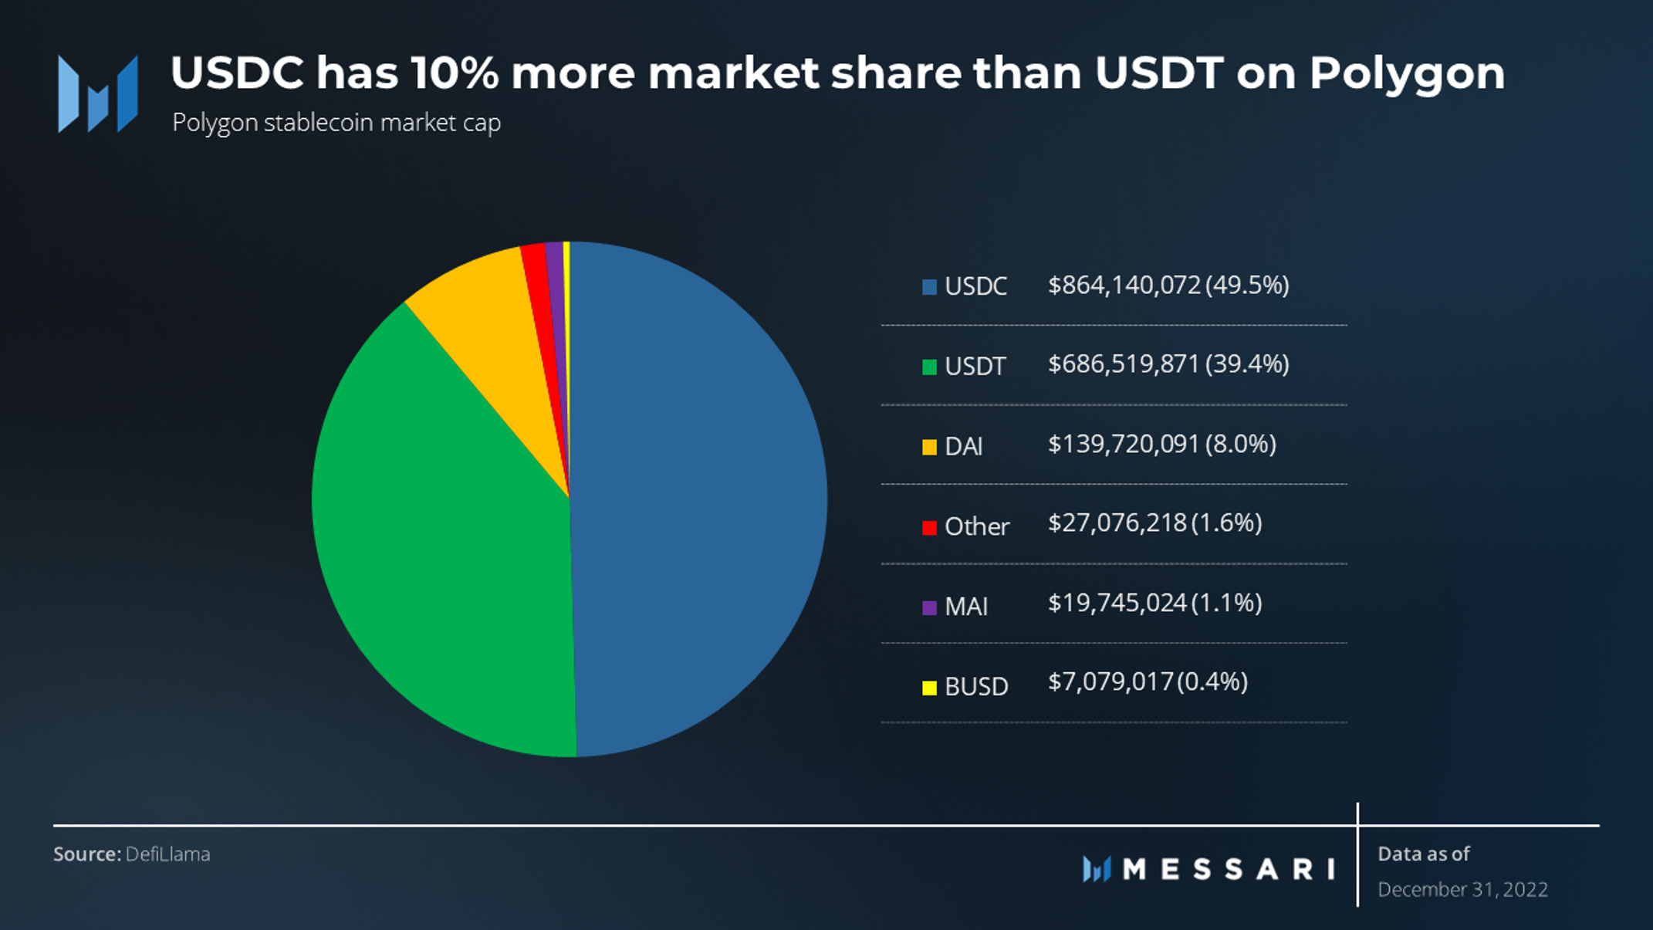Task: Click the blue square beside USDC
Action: (929, 287)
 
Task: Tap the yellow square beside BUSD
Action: (929, 687)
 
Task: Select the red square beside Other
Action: (929, 527)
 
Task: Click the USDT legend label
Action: (975, 366)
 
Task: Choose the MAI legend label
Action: (966, 607)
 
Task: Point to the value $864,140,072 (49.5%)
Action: (1168, 286)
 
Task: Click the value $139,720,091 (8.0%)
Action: (1161, 445)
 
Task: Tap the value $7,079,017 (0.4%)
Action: (1148, 682)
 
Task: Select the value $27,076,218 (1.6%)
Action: (1154, 523)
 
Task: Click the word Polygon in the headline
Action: (1406, 74)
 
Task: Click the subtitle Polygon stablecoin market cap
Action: (336, 123)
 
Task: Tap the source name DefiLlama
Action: (167, 854)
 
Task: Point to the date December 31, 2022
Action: (1462, 890)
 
